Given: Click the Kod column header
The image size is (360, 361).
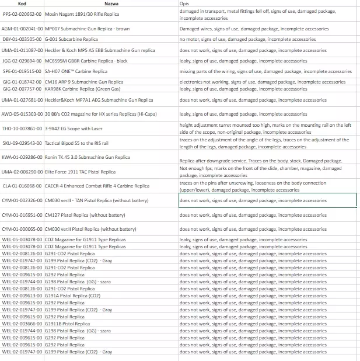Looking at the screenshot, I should tap(23, 4).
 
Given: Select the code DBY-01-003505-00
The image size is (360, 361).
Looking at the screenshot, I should tap(22, 39).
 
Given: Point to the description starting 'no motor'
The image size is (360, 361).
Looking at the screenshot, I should tap(247, 39).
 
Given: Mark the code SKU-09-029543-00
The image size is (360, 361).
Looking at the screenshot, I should tap(22, 143).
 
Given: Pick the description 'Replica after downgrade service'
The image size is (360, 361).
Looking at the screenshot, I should tap(260, 161).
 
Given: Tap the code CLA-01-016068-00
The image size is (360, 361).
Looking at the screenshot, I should tap(22, 186).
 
